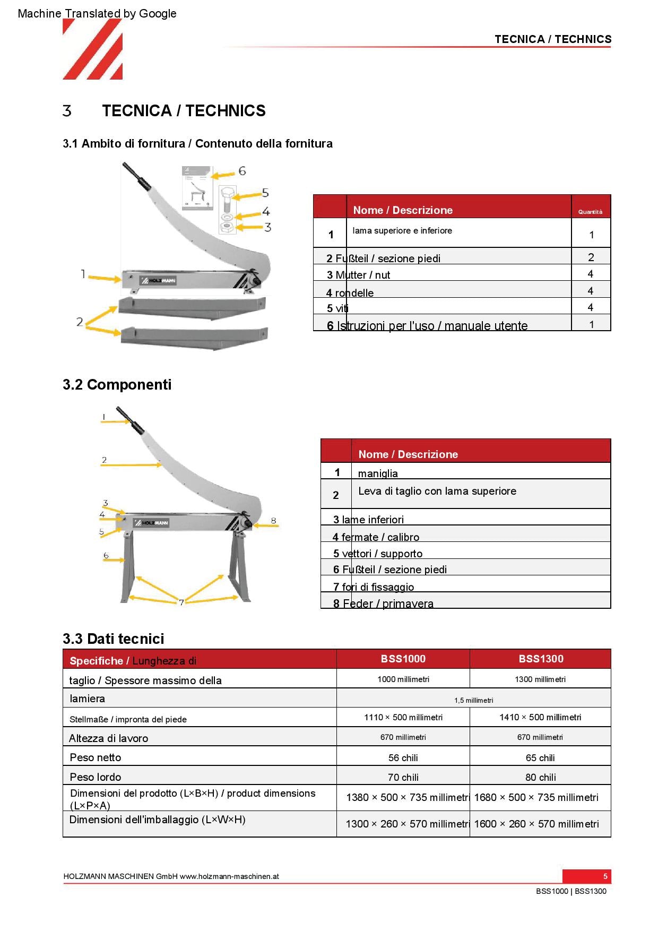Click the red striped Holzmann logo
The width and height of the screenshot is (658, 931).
tap(93, 49)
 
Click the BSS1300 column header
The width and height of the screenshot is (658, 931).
tap(541, 659)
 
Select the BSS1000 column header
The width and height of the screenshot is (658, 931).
tap(403, 659)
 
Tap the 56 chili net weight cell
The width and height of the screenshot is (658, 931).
tap(403, 758)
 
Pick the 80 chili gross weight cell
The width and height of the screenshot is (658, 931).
tap(541, 778)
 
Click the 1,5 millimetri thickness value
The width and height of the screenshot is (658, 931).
tap(473, 700)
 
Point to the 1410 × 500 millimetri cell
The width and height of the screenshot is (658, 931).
tap(540, 718)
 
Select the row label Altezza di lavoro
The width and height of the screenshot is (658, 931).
tap(109, 738)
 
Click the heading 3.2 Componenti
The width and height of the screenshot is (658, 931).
tap(117, 385)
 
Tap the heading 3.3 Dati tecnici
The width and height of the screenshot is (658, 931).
tap(113, 639)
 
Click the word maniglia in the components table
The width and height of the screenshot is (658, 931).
tap(378, 473)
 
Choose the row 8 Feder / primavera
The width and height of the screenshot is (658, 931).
tap(383, 604)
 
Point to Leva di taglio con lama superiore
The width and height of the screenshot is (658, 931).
tap(437, 492)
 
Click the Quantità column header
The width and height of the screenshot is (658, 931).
tap(591, 212)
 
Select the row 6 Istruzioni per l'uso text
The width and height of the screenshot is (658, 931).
tap(427, 326)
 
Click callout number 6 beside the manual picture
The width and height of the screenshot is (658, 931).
tap(242, 171)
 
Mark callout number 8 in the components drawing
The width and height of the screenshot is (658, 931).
tap(273, 521)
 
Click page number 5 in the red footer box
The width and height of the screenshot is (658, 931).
tap(605, 876)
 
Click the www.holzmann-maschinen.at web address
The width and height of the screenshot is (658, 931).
tap(229, 877)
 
